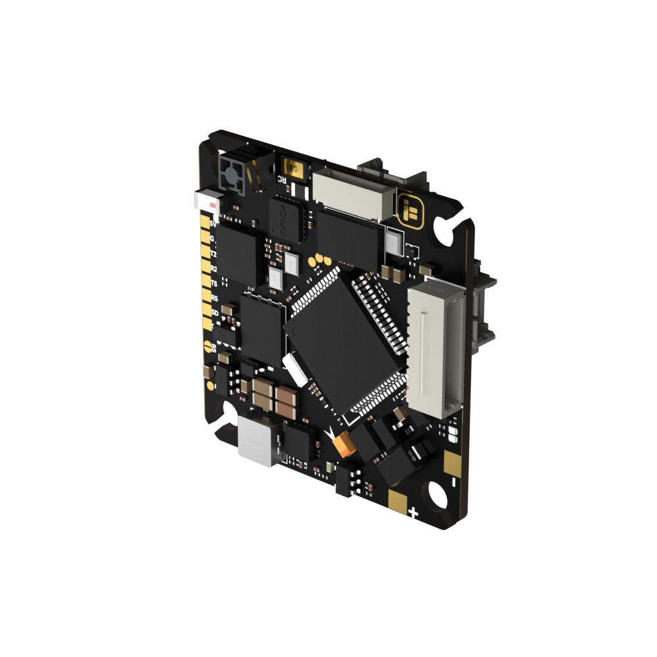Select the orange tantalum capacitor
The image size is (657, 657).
344,445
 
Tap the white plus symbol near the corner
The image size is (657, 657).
413,513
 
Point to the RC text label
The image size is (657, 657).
281,178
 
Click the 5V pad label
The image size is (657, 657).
212,224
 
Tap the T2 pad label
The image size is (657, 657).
212,254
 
